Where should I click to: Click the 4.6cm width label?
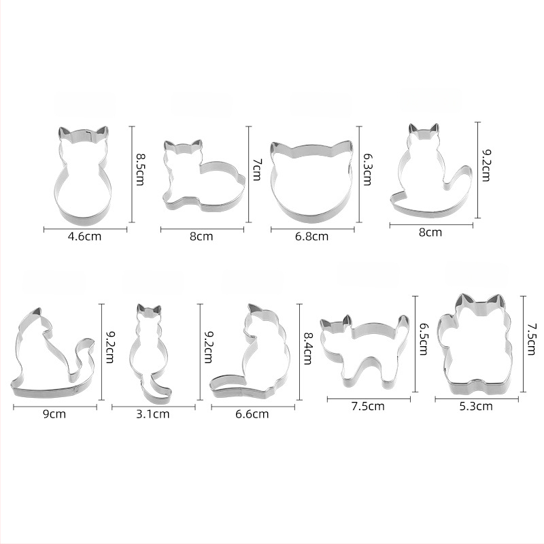tap(84, 237)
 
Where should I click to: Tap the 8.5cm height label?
tap(140, 169)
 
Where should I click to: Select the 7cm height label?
tap(257, 169)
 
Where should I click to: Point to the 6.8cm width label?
tap(311, 237)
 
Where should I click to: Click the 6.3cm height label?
tap(367, 169)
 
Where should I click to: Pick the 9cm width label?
tap(54, 414)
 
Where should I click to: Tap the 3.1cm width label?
tap(152, 414)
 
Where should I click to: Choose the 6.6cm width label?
tap(252, 414)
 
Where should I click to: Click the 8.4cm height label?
tap(308, 348)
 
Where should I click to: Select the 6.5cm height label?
tap(423, 339)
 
